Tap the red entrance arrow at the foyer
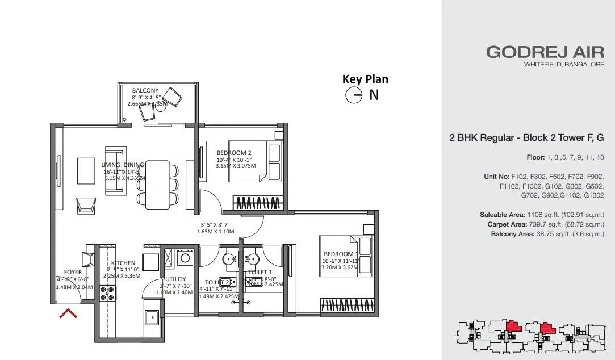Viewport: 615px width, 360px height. click(69, 313)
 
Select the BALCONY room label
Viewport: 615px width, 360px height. click(145, 90)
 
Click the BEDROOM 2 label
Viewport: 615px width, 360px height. click(233, 153)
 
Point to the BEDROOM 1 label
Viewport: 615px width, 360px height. click(341, 254)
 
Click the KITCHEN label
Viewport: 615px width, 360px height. click(123, 263)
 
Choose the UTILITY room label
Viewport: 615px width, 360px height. click(175, 279)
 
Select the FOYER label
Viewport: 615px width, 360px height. click(73, 272)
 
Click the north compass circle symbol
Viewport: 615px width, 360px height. click(354, 95)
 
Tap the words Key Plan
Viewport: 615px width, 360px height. click(365, 79)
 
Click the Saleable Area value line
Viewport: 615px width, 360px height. click(541, 215)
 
